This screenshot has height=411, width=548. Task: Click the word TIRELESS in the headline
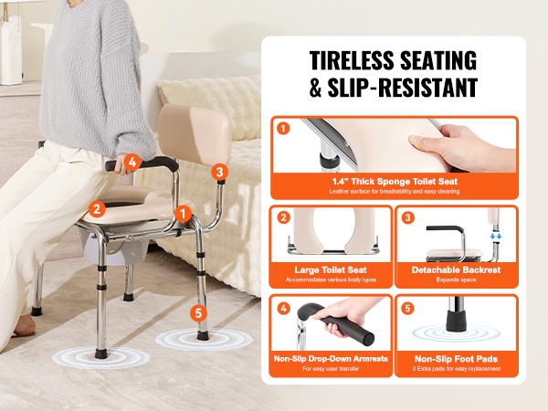(x=352, y=60)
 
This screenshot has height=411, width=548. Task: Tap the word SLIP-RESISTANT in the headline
(x=403, y=88)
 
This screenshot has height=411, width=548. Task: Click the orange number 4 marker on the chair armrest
(x=132, y=163)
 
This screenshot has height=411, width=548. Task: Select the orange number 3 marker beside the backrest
(x=219, y=172)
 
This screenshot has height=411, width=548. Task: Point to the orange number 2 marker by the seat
(x=97, y=209)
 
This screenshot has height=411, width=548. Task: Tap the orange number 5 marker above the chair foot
(x=198, y=312)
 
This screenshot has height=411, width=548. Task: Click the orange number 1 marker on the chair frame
(x=184, y=214)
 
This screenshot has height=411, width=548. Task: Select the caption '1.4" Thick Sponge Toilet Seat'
(x=395, y=182)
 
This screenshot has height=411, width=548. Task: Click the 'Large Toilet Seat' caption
(x=331, y=269)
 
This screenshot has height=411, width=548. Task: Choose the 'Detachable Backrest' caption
(x=456, y=269)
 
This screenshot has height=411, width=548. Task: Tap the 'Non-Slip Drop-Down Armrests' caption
(x=331, y=359)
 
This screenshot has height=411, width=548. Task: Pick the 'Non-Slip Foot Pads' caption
(x=456, y=359)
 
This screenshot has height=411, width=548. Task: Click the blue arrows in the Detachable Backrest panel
(x=496, y=237)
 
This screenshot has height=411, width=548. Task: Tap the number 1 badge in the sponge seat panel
(x=283, y=129)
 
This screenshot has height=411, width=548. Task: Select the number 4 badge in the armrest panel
(x=283, y=309)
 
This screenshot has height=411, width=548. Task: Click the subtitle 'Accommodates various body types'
(x=331, y=280)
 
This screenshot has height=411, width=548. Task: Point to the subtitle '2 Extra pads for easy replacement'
(x=456, y=369)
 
